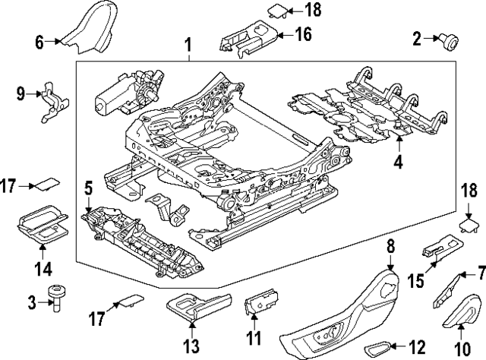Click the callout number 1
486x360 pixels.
pyautogui.click(x=188, y=48)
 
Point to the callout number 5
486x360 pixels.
pyautogui.click(x=88, y=186)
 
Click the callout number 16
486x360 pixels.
pyautogui.click(x=303, y=34)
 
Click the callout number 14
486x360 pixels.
pyautogui.click(x=43, y=268)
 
